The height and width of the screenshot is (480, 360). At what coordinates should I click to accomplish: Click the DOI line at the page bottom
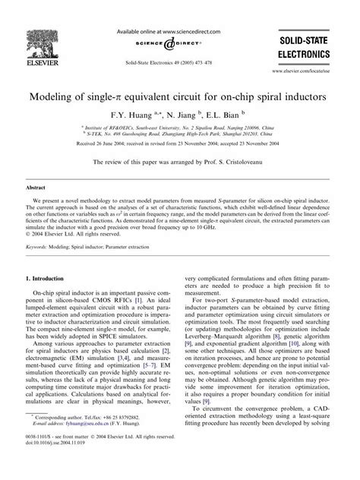(x=62, y=469)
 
